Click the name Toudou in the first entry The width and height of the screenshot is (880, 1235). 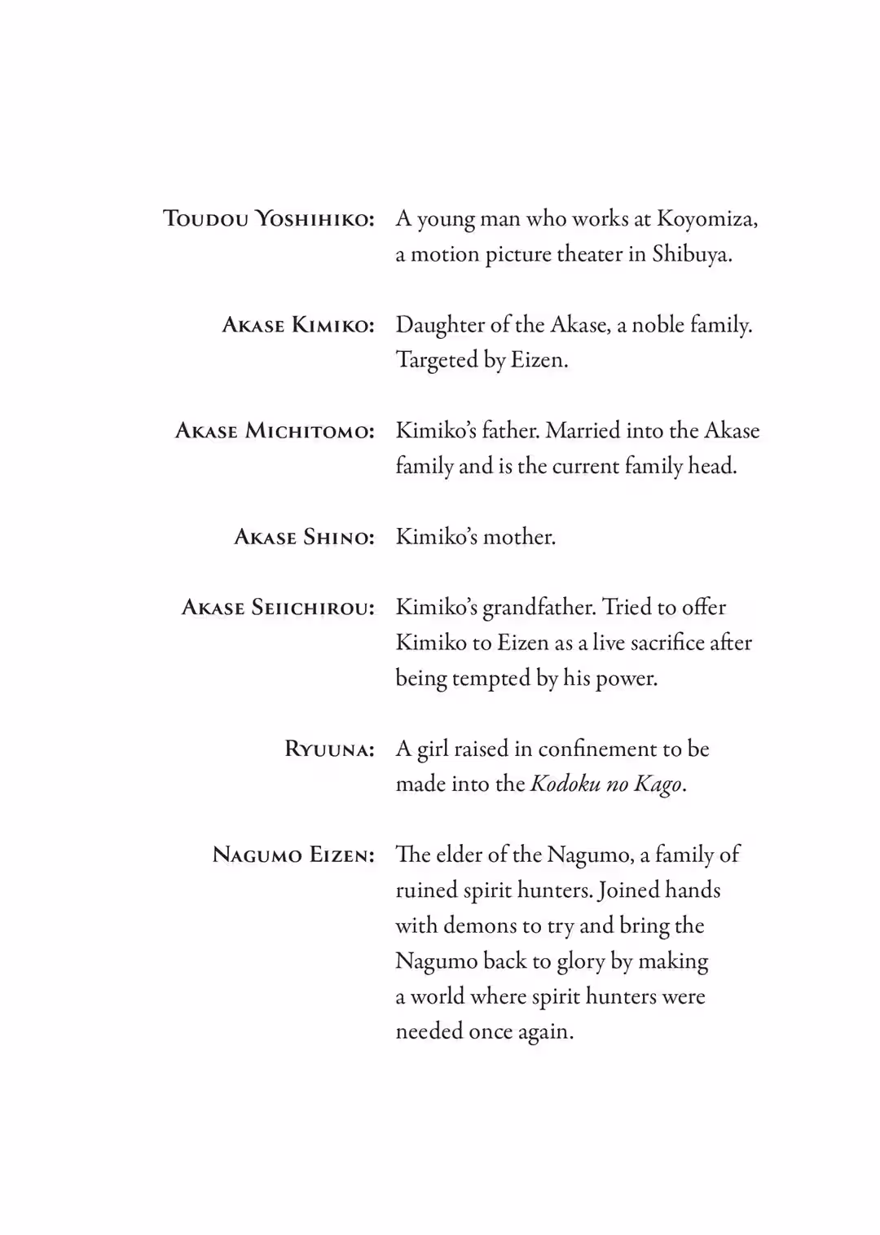[206, 219]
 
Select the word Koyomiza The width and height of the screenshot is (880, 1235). [706, 219]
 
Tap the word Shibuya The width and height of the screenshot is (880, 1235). [691, 255]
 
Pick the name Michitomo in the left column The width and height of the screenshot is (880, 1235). [310, 431]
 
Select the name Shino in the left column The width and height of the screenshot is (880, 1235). [338, 537]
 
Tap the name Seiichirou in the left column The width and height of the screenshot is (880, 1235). [313, 608]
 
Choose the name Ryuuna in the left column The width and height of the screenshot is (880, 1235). [329, 749]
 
